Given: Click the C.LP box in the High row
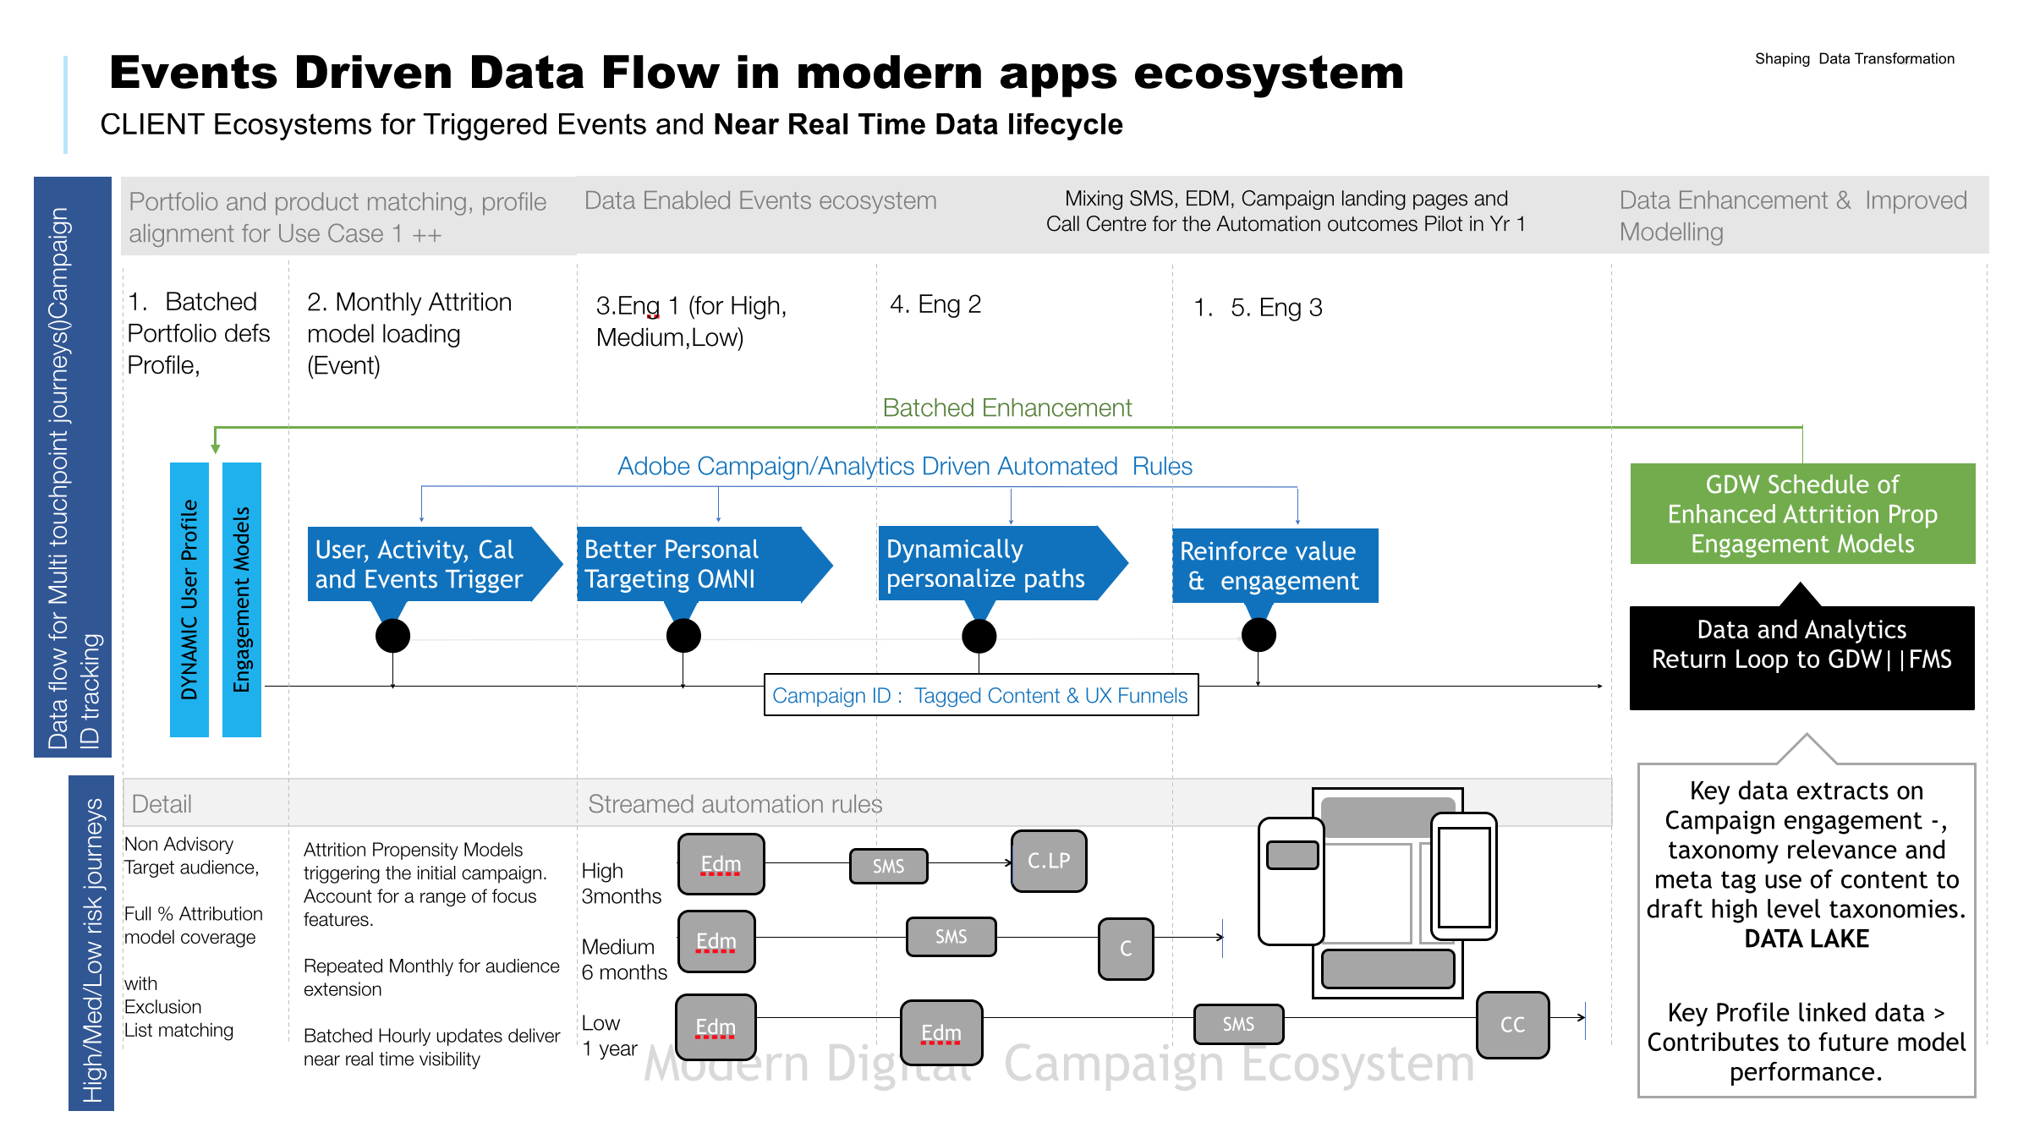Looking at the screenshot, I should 1049,861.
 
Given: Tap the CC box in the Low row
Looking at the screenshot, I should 1512,1025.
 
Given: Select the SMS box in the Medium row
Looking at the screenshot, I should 951,937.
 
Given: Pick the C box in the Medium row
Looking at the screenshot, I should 1126,949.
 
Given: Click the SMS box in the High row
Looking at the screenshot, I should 888,866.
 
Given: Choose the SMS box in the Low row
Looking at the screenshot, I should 1238,1024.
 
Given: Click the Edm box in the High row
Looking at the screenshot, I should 721,864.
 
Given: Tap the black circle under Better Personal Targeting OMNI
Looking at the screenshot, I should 683,636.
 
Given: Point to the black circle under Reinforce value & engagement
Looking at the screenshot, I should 1259,635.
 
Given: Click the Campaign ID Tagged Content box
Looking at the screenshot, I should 980,695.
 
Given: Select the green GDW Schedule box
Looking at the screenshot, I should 1802,513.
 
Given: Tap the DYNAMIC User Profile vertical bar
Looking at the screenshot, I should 189,599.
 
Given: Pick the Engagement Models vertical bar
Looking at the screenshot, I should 242,599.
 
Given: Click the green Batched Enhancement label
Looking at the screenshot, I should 1006,408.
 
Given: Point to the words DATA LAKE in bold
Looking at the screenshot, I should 1807,939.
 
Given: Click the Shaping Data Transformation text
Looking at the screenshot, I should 1854,58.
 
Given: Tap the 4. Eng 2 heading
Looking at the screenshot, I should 935,304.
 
